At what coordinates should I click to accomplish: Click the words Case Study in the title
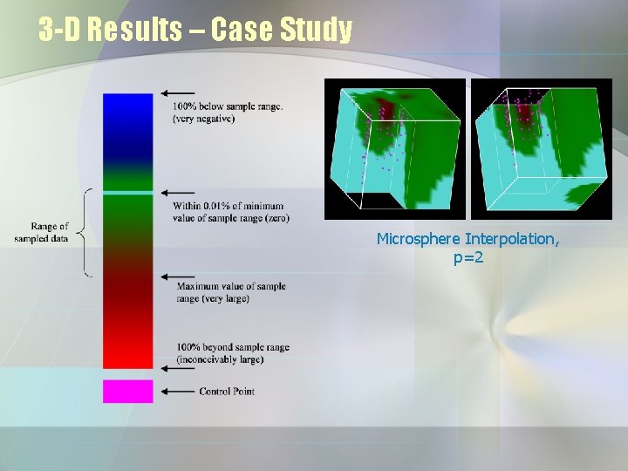pos(282,31)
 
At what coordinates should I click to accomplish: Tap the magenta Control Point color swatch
pos(127,391)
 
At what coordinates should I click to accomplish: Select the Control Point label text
pos(227,392)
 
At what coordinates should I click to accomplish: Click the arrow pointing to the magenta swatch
pos(177,392)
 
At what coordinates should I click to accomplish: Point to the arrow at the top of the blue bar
pos(177,93)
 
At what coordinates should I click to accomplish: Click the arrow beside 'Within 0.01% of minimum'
pos(177,193)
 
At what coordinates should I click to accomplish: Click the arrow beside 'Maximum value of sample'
pos(177,276)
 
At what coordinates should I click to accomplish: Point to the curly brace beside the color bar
pos(85,233)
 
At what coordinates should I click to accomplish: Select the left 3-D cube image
pos(394,149)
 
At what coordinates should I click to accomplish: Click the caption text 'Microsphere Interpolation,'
pos(468,239)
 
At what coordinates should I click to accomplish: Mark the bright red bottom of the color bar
pos(127,353)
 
